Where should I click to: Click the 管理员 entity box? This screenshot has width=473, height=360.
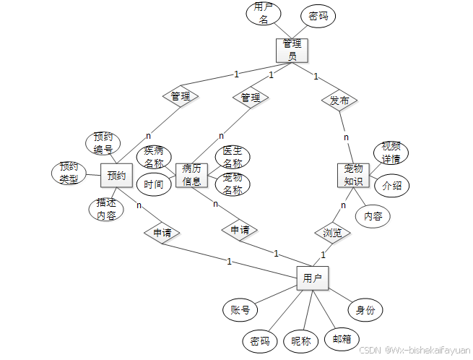coord(292,49)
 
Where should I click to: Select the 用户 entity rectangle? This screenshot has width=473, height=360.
coord(313,278)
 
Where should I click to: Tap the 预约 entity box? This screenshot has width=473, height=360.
coord(117,176)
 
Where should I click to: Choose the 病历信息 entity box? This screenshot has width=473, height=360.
coord(192,176)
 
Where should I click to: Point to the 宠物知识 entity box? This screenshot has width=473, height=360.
coord(353,176)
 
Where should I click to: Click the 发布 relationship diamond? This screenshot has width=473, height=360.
coord(339,100)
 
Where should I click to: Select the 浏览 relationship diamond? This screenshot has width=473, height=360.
coord(332,233)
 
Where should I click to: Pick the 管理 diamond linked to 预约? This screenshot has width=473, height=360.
coord(181,95)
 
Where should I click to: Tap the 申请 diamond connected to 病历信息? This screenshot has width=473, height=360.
coord(240,230)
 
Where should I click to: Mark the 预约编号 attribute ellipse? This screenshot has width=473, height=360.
coord(103,143)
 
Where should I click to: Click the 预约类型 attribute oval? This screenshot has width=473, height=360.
coord(69,173)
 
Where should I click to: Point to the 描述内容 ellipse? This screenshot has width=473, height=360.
coord(106,209)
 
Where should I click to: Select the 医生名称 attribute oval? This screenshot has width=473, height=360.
coord(233,157)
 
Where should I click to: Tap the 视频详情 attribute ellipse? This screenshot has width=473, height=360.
coord(391,153)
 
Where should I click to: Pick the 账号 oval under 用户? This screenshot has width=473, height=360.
coord(240,310)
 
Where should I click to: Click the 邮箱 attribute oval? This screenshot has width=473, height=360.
coord(342,338)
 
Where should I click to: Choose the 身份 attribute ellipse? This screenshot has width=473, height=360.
coord(365,310)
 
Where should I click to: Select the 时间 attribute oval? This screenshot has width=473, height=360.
coord(154,184)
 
